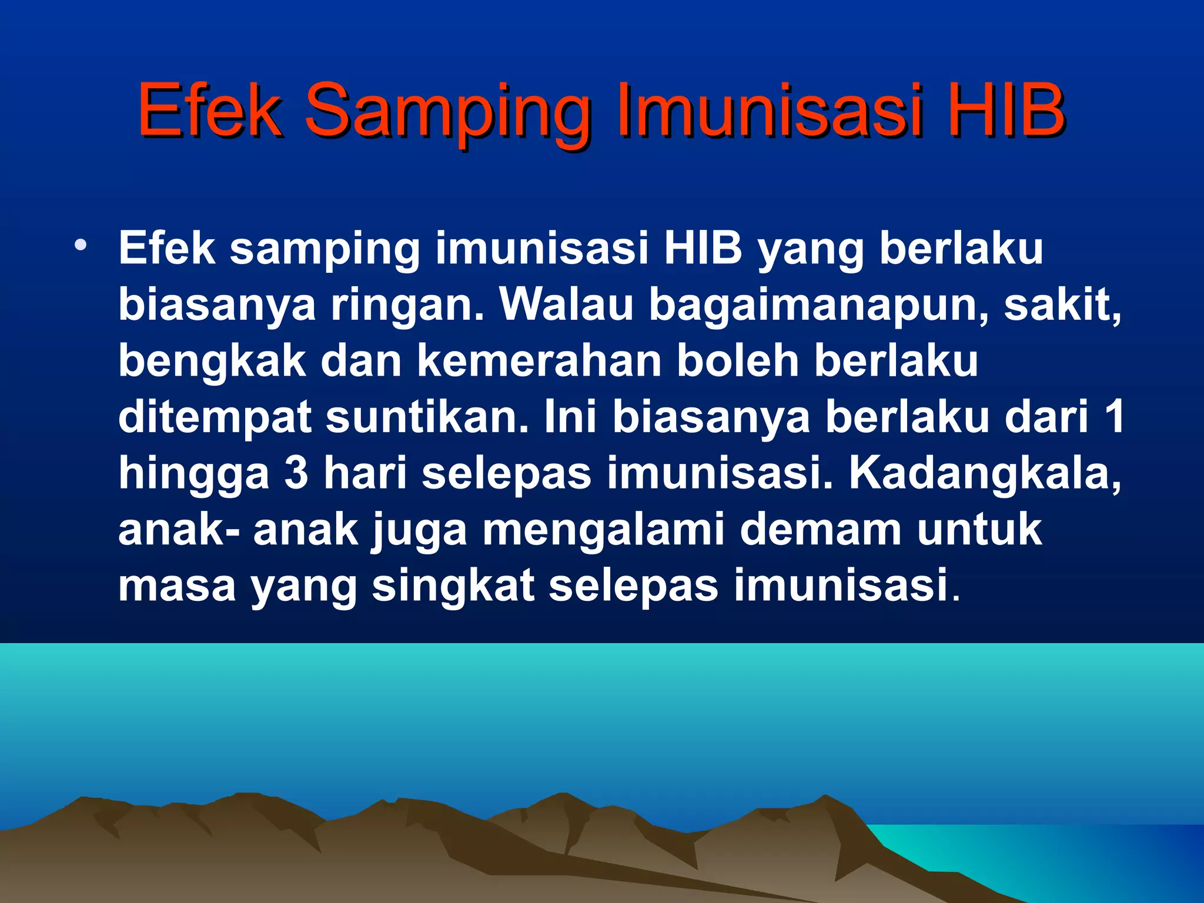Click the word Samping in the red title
pos(447,112)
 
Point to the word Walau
pos(567,305)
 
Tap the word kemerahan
pos(539,360)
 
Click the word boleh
pos(738,360)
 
